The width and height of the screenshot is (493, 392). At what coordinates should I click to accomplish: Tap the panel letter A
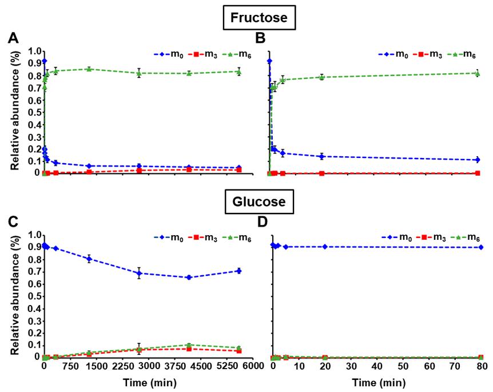coord(14,39)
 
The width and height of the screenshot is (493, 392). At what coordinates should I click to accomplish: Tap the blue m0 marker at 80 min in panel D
coord(480,247)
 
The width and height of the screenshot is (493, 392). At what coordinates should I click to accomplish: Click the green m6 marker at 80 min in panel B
coord(477,73)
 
